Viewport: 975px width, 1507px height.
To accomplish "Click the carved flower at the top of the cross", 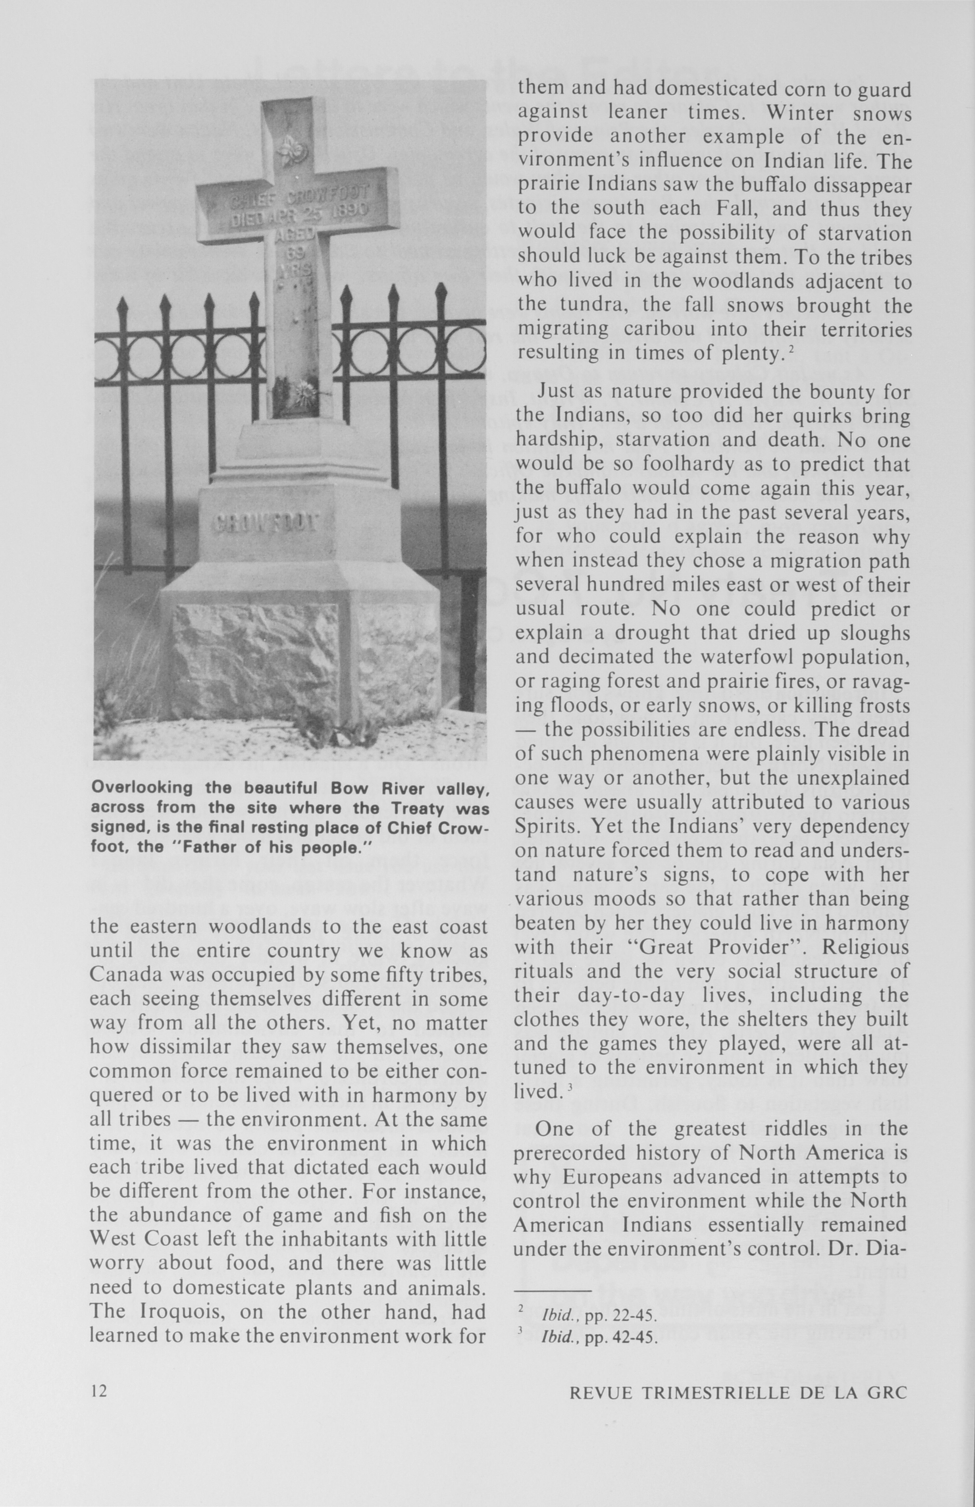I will (x=292, y=149).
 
